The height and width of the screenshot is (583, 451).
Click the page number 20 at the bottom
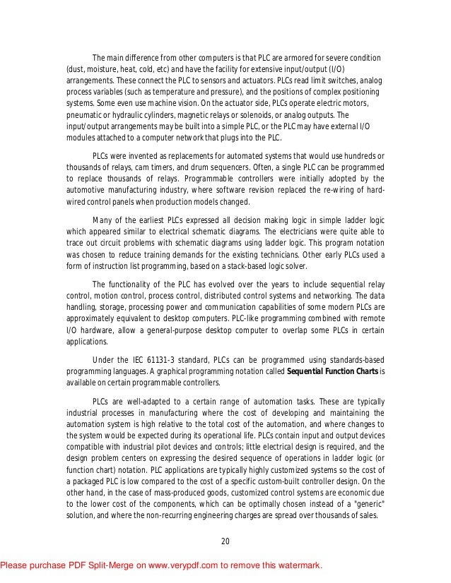pos(225,541)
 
